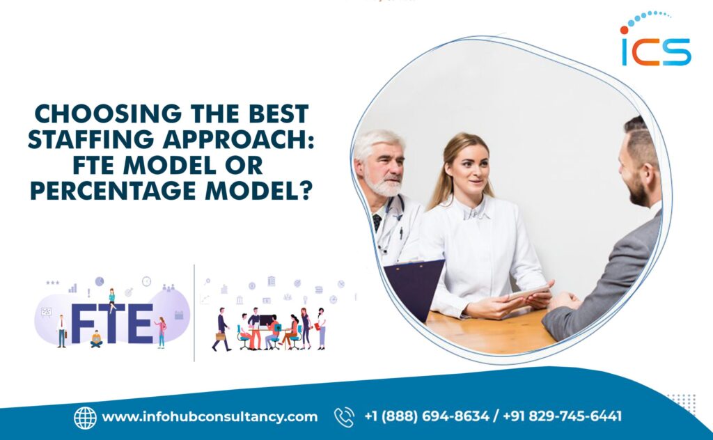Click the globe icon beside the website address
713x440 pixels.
pos(85,417)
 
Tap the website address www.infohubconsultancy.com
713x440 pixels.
pos(210,417)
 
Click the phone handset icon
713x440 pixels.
pos(344,417)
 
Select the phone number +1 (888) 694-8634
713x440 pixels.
pos(426,417)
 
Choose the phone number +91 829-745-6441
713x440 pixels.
pos(565,417)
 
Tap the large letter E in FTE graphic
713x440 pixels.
pos(141,324)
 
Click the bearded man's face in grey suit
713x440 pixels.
pos(634,171)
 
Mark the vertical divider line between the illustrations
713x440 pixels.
pos(194,313)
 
